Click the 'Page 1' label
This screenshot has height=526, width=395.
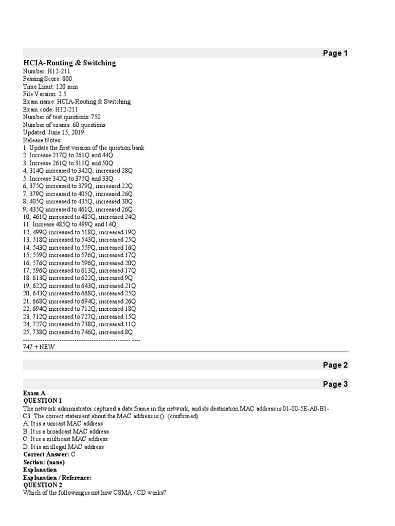click(x=335, y=53)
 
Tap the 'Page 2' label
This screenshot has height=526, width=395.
click(x=335, y=365)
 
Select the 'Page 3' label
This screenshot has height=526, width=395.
click(x=335, y=384)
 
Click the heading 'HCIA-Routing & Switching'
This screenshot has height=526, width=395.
click(x=69, y=63)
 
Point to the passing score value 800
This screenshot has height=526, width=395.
click(x=67, y=79)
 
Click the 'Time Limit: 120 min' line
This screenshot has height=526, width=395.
click(x=50, y=86)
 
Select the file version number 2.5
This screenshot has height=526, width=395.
click(x=62, y=94)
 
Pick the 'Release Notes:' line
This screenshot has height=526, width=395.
click(x=42, y=140)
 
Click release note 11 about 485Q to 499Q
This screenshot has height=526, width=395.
click(x=69, y=224)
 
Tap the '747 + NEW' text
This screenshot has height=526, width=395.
click(x=39, y=347)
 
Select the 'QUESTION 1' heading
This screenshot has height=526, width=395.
click(x=43, y=400)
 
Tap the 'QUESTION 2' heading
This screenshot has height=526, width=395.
click(x=43, y=485)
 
